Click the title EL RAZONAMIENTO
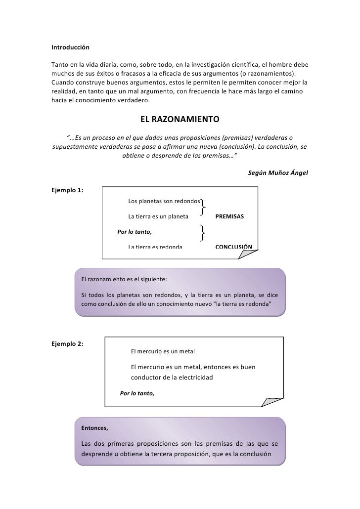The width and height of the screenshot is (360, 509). coord(180,120)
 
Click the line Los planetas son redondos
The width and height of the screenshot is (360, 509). coord(164,201)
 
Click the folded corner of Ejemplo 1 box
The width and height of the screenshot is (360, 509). coord(248,253)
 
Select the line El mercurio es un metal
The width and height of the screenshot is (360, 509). coord(163,351)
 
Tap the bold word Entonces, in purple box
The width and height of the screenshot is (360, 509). coord(94,427)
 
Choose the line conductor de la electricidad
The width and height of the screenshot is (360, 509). coord(171,378)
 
